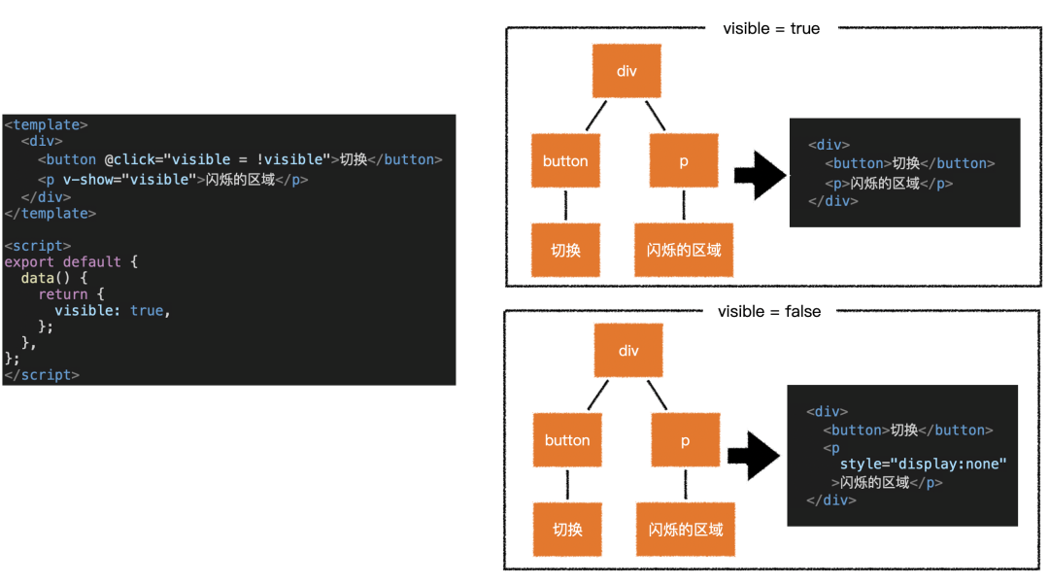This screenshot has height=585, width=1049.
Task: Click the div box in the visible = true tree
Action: coord(626,71)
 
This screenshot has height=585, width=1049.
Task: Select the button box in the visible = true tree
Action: coord(565,160)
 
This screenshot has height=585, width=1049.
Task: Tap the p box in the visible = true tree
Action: coord(684,160)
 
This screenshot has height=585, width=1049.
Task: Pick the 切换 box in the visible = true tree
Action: coord(565,250)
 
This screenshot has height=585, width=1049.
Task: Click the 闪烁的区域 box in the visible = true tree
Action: coord(684,250)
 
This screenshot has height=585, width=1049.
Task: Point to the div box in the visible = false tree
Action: coord(628,350)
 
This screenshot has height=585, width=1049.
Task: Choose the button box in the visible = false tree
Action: coord(567,440)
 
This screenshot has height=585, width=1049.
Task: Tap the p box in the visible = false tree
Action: coord(685,440)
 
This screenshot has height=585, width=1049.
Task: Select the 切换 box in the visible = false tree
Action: coord(567,530)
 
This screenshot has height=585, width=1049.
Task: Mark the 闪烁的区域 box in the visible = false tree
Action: coord(686,530)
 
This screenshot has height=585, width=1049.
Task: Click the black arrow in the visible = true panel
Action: coord(760,175)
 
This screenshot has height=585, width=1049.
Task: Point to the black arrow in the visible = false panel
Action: coord(754,456)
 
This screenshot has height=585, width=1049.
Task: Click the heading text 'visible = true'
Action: coord(771,29)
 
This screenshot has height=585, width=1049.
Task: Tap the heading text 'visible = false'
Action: coord(769,311)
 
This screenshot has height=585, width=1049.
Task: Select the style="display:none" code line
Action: coord(924,464)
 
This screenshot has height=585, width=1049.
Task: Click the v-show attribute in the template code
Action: coord(130,180)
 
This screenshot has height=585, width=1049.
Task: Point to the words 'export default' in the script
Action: coord(63,261)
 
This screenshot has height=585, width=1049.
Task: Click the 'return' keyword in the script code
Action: coord(63,294)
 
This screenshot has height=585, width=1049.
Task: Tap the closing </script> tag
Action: coord(42,375)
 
